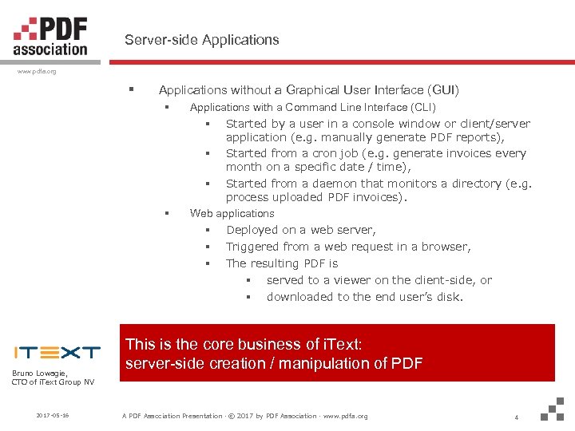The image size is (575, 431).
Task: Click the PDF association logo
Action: point(50,36)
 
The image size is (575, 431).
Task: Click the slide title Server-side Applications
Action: point(201,39)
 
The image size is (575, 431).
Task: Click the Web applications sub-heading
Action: point(232,213)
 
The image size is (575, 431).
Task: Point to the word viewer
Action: point(351,280)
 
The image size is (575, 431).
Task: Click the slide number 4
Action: point(517,416)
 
